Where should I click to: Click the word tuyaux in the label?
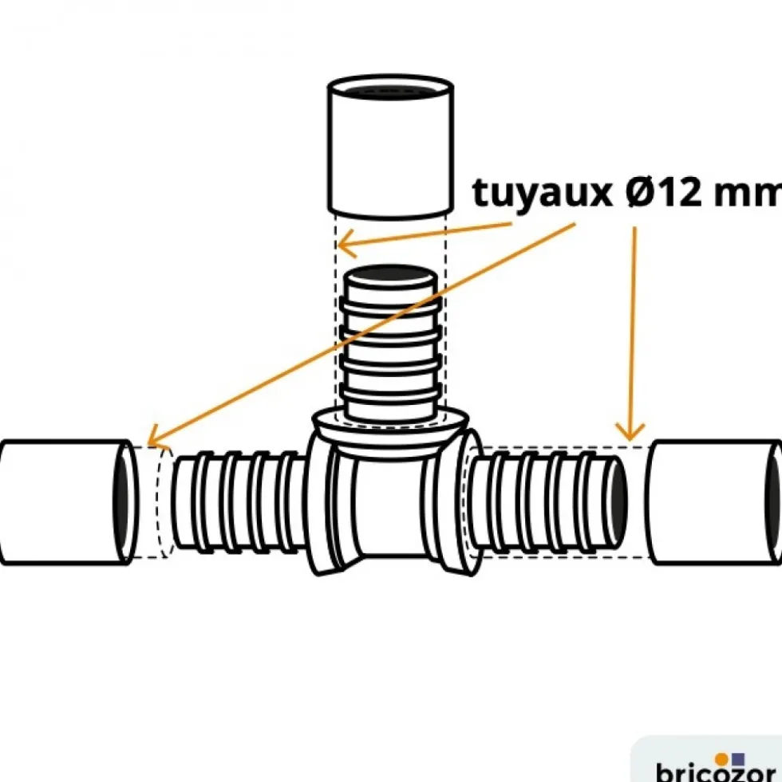(x=543, y=192)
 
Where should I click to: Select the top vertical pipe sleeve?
(x=390, y=147)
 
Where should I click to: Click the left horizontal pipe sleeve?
(x=69, y=502)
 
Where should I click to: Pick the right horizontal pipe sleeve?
(x=715, y=502)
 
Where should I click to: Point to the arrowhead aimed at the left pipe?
(x=156, y=438)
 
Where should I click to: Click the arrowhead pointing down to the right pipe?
(x=630, y=432)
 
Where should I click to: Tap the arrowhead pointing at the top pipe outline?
(x=346, y=244)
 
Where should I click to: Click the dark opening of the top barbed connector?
(x=391, y=275)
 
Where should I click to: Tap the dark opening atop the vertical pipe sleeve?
(x=390, y=91)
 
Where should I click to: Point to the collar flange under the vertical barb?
(x=390, y=424)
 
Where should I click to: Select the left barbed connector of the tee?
(x=239, y=502)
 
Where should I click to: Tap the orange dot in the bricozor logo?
(x=721, y=760)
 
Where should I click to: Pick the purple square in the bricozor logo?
(x=737, y=760)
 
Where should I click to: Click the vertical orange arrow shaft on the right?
(x=634, y=332)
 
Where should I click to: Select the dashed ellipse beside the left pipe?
(x=166, y=502)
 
